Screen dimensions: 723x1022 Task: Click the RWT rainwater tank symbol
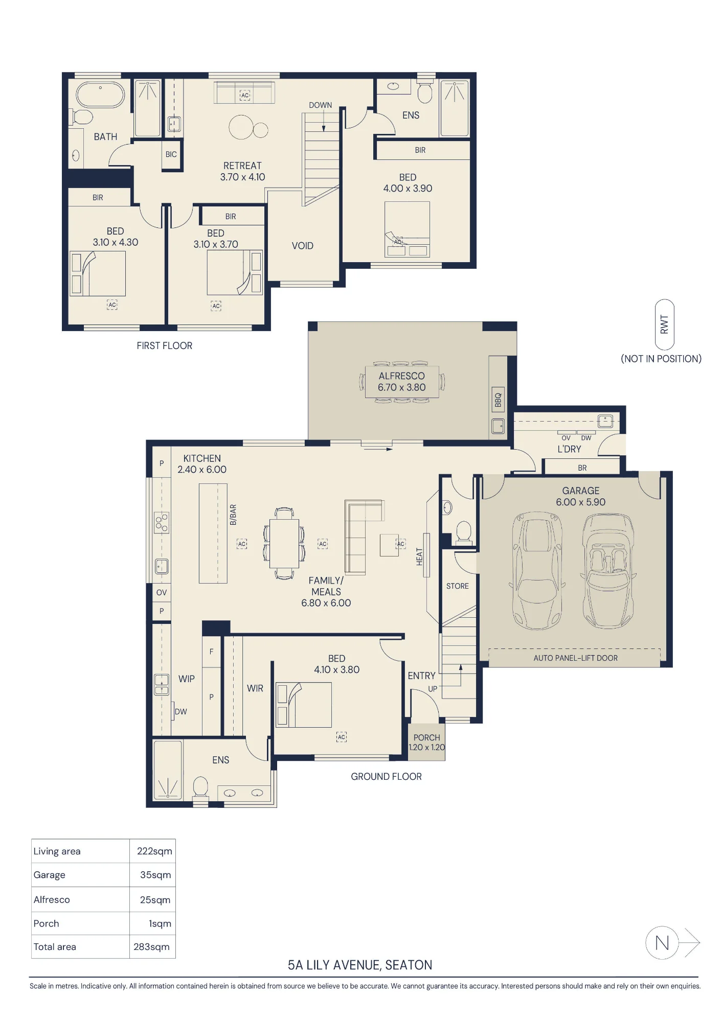click(x=664, y=324)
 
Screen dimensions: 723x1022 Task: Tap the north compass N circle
click(x=662, y=943)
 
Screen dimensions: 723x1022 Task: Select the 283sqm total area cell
click(x=152, y=947)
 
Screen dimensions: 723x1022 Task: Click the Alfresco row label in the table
click(x=52, y=900)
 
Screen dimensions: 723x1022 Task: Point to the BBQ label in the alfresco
click(x=498, y=400)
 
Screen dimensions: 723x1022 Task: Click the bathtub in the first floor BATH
click(x=100, y=95)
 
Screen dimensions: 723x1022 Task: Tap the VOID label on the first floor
click(x=303, y=246)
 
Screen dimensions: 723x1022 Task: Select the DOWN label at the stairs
click(x=321, y=105)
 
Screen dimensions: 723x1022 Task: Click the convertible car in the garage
click(x=608, y=570)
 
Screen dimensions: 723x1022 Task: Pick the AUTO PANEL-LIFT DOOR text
click(x=576, y=658)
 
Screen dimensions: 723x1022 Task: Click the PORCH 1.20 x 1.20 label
click(x=426, y=742)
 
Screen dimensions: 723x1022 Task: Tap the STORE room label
click(x=458, y=586)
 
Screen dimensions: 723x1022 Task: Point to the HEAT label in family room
click(x=420, y=556)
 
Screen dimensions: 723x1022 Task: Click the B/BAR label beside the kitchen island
click(x=233, y=515)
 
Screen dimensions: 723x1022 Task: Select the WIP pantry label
click(x=187, y=679)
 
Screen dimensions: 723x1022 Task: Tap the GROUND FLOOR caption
click(x=387, y=777)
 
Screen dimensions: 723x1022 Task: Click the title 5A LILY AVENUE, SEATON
click(x=360, y=965)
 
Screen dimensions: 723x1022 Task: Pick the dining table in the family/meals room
click(x=284, y=543)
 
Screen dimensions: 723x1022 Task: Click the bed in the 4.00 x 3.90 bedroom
click(x=407, y=229)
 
